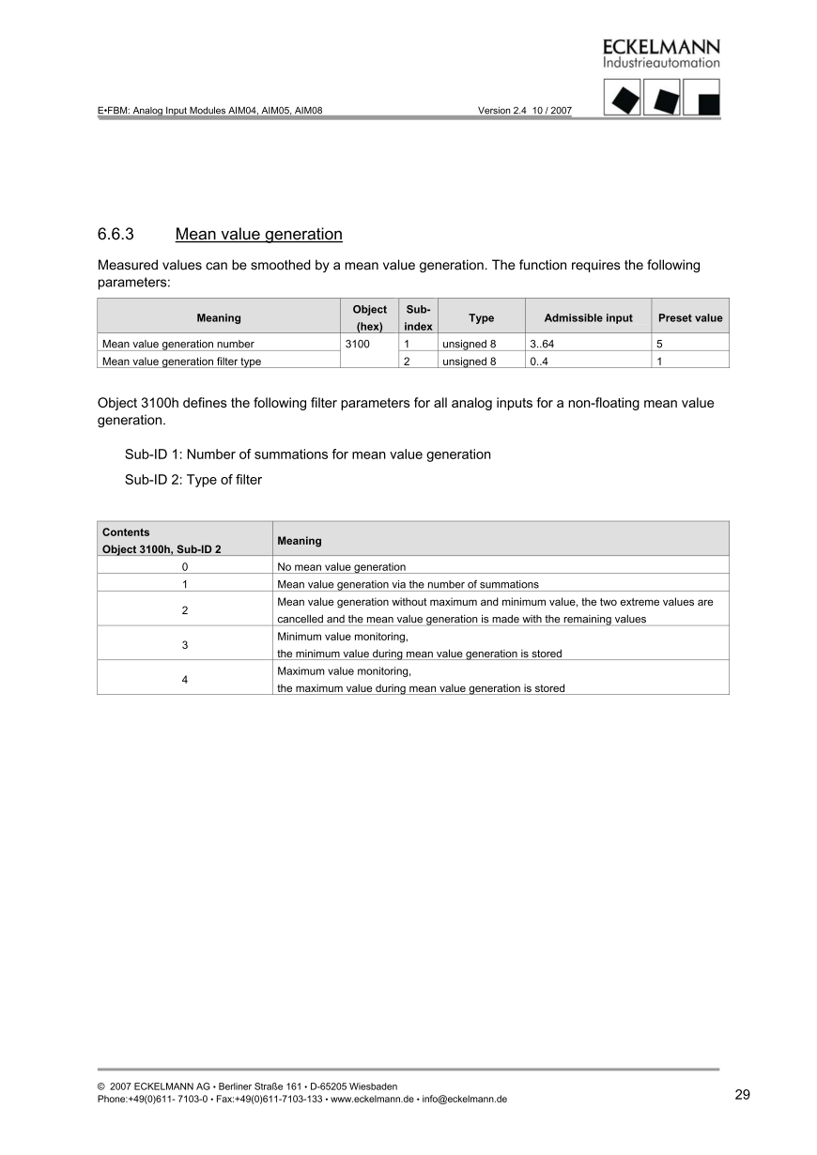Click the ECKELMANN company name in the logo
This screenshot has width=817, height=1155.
pos(661,47)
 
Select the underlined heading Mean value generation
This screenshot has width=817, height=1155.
pos(258,234)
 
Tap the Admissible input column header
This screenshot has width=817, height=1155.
pos(588,318)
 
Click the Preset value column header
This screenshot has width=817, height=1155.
pos(690,318)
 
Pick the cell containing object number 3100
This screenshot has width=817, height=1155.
pos(358,345)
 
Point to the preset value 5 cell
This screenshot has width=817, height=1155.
pos(660,345)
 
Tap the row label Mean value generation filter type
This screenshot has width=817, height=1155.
pos(181,362)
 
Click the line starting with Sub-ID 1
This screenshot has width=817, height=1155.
pos(307,454)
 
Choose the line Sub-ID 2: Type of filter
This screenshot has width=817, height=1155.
pos(193,480)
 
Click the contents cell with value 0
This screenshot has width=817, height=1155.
pos(184,567)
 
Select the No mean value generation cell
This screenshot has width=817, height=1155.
pos(342,567)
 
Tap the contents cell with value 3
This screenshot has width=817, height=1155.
pos(184,645)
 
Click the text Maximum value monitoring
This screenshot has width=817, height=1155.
pos(345,671)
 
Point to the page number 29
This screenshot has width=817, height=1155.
pos(742,1094)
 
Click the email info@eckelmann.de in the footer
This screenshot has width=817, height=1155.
pos(465,1099)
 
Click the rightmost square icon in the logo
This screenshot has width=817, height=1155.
pos(701,97)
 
